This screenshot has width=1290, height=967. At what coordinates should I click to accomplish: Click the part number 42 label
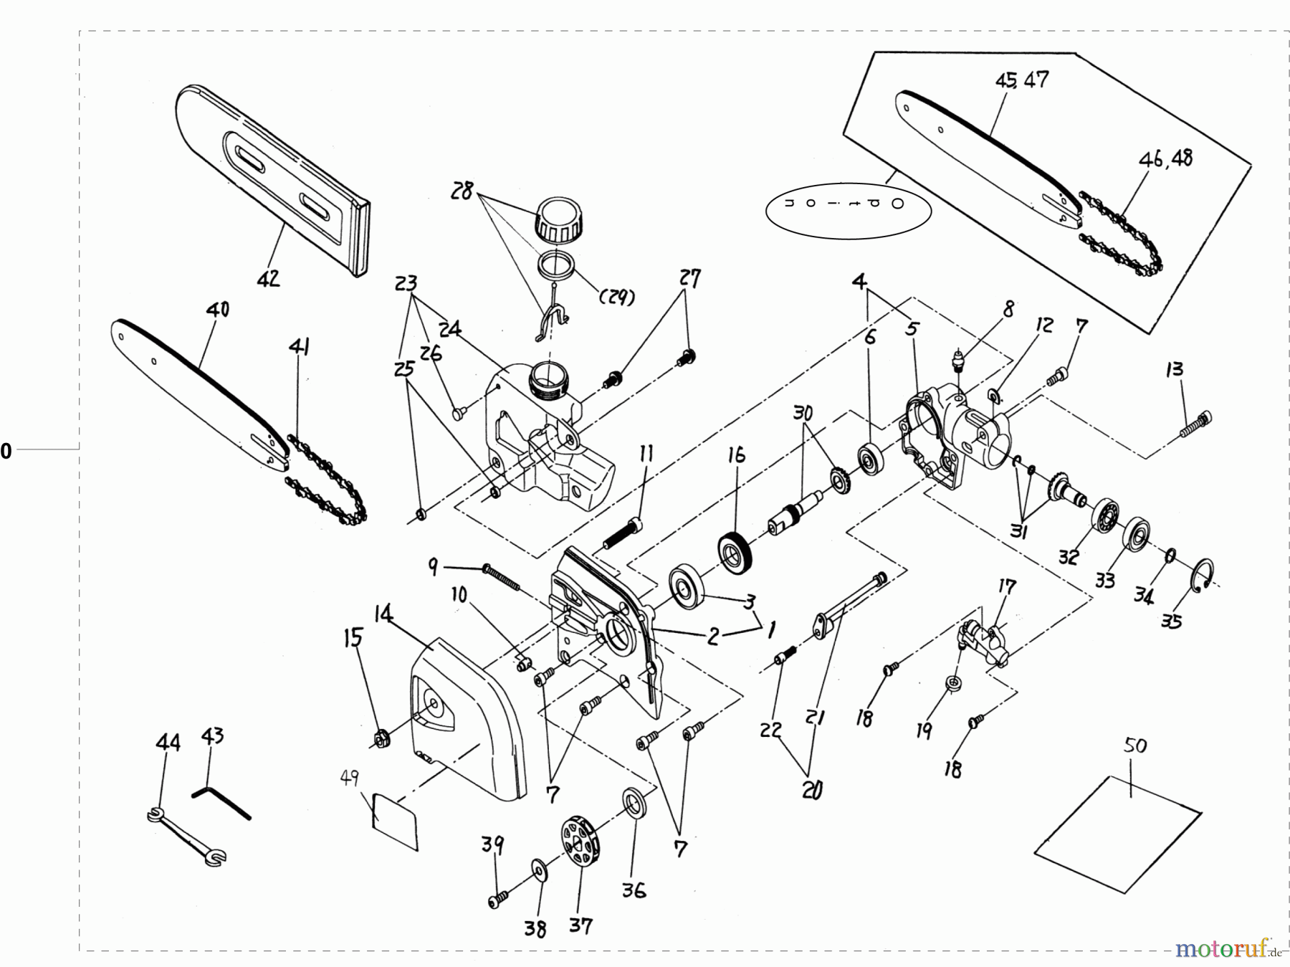(x=268, y=278)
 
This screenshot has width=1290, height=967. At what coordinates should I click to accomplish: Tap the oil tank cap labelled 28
(x=559, y=220)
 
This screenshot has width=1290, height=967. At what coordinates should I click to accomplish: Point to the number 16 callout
(x=736, y=455)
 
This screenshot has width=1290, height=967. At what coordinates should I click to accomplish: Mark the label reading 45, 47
(x=1021, y=80)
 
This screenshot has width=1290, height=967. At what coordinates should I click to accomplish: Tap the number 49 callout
(x=349, y=778)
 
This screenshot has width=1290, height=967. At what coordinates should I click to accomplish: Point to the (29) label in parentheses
(x=615, y=297)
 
